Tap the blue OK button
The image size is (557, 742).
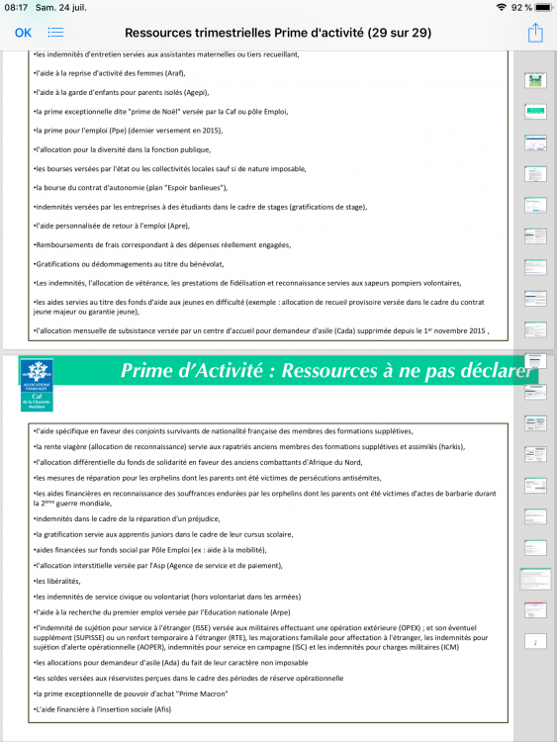click(23, 33)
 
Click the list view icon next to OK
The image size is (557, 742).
click(55, 33)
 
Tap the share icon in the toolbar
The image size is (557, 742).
click(535, 33)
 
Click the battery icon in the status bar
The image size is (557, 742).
click(540, 7)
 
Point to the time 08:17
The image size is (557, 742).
click(16, 7)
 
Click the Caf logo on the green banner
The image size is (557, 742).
click(37, 384)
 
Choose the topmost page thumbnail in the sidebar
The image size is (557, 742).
click(534, 80)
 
